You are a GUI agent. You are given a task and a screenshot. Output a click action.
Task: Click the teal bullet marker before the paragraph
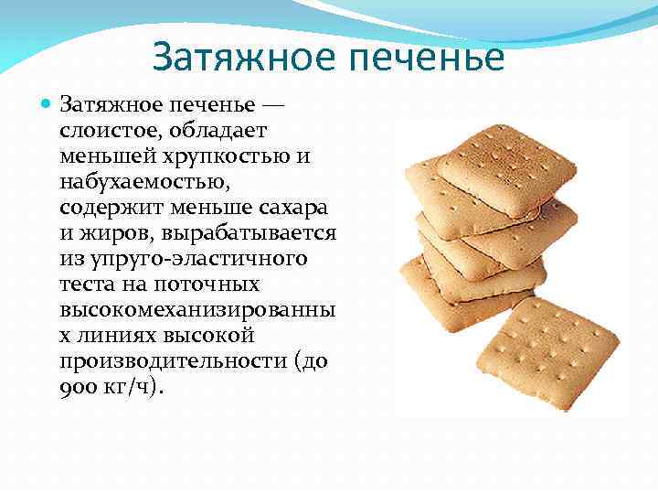click(x=48, y=105)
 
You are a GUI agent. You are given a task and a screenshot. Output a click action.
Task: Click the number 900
click(x=77, y=387)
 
